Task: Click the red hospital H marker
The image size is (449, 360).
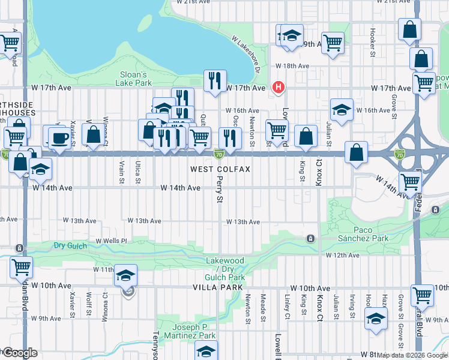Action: point(278,88)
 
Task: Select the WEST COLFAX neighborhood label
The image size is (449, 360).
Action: point(220,170)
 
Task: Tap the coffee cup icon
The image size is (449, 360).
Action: point(59,137)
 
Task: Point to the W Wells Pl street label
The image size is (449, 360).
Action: point(112,241)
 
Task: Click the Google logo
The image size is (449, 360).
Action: point(20,353)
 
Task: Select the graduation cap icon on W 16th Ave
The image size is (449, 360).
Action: point(341,110)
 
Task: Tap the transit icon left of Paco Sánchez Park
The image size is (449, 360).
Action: point(310,238)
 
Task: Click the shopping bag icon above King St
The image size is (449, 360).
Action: point(306,136)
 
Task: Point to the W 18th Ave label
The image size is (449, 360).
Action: point(292,66)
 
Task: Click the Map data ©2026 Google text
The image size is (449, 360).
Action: point(411,355)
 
